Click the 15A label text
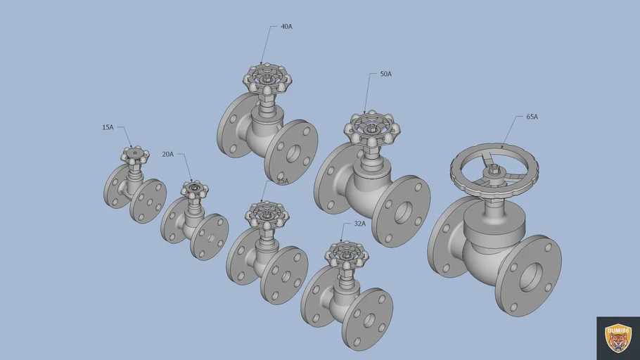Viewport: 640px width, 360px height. [108, 127]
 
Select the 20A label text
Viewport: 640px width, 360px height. [167, 154]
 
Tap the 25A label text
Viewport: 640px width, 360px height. [282, 181]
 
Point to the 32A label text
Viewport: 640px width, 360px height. [359, 224]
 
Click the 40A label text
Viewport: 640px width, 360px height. [286, 27]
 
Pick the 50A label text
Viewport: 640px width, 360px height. [385, 74]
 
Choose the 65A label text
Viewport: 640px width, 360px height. [532, 117]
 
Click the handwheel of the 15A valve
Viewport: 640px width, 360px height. [135, 153]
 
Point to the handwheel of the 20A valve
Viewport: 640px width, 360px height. [194, 189]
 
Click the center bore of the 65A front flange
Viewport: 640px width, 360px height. [529, 276]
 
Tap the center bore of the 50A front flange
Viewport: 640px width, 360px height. [402, 212]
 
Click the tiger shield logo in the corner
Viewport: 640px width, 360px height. [618, 338]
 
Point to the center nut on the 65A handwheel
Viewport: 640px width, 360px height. [494, 169]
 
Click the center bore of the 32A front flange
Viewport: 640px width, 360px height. [368, 319]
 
